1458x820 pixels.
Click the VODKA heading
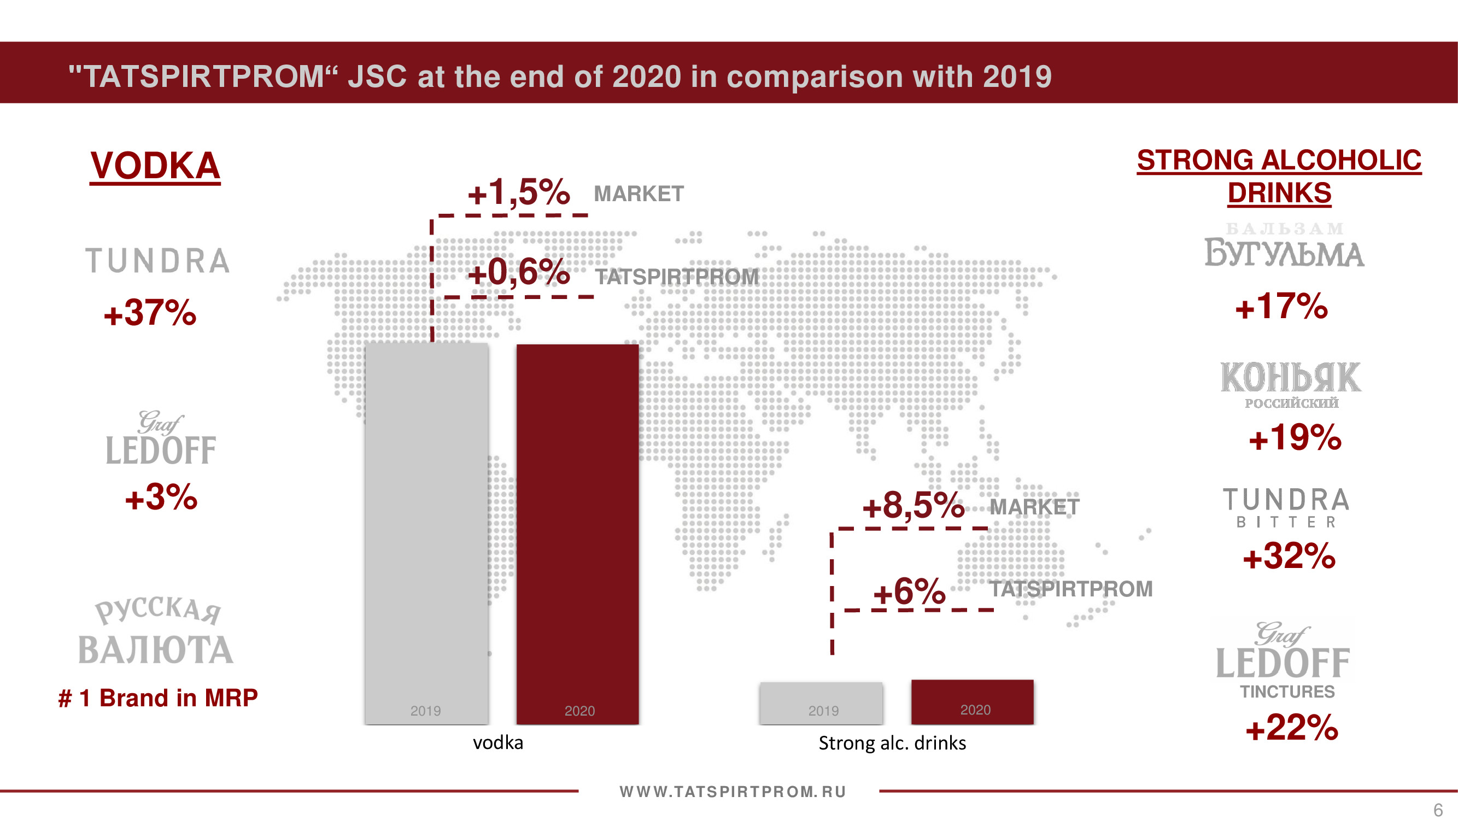click(155, 166)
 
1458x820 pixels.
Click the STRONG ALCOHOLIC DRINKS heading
click(1279, 176)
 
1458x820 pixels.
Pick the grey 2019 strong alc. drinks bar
click(821, 703)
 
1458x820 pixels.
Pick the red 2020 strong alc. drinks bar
click(972, 702)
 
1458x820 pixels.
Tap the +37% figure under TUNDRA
click(150, 313)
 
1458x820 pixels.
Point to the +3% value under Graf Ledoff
click(161, 497)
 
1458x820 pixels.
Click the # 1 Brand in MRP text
click(158, 698)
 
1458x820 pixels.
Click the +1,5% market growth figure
click(518, 192)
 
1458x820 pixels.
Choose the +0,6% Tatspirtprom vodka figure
click(518, 272)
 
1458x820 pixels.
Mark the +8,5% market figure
click(913, 505)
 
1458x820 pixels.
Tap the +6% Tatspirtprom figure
click(909, 592)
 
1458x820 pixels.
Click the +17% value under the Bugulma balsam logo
click(1281, 307)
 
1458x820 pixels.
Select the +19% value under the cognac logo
click(1295, 437)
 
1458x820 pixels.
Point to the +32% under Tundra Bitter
click(1289, 557)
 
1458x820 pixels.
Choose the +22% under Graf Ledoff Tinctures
click(1292, 728)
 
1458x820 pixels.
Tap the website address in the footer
click(733, 792)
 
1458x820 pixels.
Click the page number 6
click(1438, 810)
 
